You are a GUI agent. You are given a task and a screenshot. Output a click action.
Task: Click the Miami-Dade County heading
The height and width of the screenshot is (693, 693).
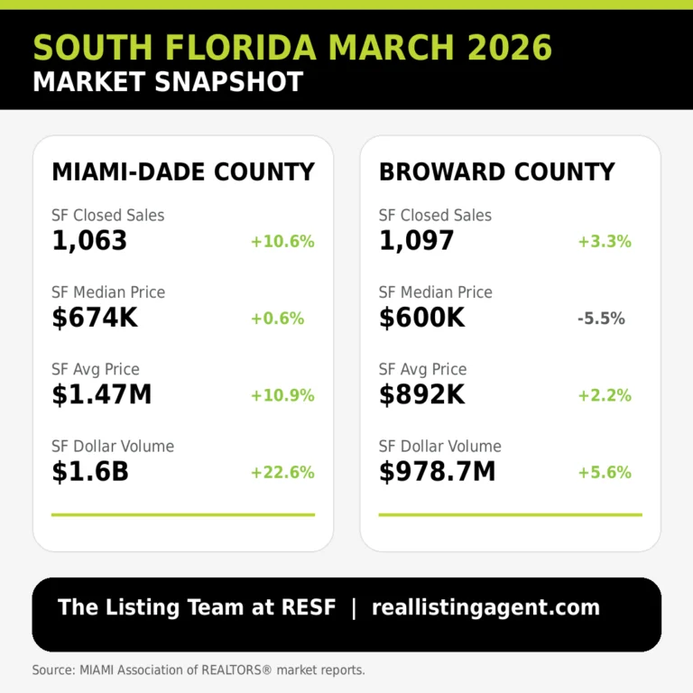[x=183, y=171]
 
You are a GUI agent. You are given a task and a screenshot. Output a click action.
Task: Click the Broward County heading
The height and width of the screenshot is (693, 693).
[x=496, y=171]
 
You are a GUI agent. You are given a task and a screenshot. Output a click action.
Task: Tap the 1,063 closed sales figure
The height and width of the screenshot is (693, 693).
[x=89, y=241]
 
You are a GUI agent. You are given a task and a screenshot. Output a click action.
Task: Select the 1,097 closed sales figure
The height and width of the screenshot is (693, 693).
[x=416, y=241]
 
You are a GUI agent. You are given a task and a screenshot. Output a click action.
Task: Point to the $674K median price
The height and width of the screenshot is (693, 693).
[x=95, y=318]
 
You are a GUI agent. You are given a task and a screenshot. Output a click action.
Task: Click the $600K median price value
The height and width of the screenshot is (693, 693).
[x=421, y=318]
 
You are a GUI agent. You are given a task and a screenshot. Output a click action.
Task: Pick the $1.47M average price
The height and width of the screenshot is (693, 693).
[x=102, y=394]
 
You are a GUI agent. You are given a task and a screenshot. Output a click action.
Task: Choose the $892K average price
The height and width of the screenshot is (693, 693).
[x=421, y=394]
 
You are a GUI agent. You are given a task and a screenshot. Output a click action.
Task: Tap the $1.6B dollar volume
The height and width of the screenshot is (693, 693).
[x=90, y=471]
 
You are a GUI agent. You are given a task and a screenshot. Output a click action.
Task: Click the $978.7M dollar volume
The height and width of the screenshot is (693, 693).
[x=438, y=471]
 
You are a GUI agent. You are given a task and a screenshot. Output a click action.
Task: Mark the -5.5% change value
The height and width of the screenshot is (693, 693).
[x=601, y=319]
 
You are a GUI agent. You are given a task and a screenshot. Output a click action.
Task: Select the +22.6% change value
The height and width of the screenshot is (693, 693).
[x=282, y=472]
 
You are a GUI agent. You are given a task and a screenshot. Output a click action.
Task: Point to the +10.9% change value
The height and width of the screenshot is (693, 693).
[x=282, y=395]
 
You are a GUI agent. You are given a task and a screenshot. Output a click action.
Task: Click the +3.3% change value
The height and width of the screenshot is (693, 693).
[x=605, y=242]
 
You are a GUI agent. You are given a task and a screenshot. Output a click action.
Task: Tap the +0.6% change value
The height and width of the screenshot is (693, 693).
[x=278, y=319]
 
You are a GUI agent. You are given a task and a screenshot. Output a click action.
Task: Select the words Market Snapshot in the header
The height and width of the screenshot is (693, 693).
[x=168, y=81]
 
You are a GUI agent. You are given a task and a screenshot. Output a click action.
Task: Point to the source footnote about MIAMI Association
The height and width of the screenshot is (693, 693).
[x=199, y=670]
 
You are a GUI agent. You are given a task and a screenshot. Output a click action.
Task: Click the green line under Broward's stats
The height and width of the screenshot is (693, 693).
[x=510, y=515]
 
